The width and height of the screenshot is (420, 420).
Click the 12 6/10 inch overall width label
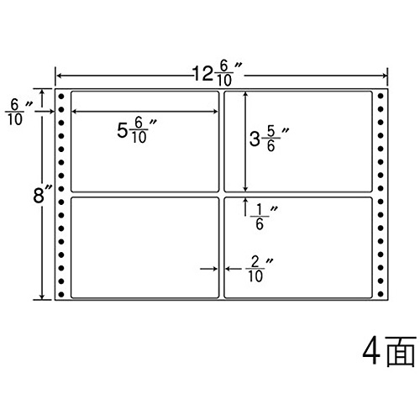coord(217,74)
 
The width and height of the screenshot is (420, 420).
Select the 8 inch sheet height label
coord(42,195)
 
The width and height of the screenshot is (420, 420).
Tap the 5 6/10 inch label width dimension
coord(137,131)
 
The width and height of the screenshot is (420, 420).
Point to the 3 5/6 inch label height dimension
coord(269,139)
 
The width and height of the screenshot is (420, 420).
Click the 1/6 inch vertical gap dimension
coord(263,217)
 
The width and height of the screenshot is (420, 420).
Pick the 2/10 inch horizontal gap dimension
coord(259,270)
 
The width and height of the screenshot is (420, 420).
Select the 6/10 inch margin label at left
coord(18,113)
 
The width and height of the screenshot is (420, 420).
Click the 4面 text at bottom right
coord(389,351)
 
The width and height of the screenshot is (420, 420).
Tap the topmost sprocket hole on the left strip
coord(61,97)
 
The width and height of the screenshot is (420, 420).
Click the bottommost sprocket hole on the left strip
coord(61,294)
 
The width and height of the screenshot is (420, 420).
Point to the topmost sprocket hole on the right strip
coord(381,97)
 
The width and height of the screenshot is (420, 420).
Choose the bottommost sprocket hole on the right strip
coord(381,294)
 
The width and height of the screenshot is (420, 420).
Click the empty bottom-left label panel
coord(145,248)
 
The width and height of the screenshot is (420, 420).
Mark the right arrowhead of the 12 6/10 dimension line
coord(385,76)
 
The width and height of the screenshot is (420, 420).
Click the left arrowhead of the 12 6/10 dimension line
coord(59,76)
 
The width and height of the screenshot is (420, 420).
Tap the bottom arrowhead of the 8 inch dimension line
coord(42,297)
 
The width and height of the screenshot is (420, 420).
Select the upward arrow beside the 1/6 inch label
coord(245,207)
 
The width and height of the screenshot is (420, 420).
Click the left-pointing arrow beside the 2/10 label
coord(234,269)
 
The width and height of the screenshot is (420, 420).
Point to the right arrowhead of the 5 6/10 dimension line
coord(215,112)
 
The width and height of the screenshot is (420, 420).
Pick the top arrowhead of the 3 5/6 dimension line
coord(245,95)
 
